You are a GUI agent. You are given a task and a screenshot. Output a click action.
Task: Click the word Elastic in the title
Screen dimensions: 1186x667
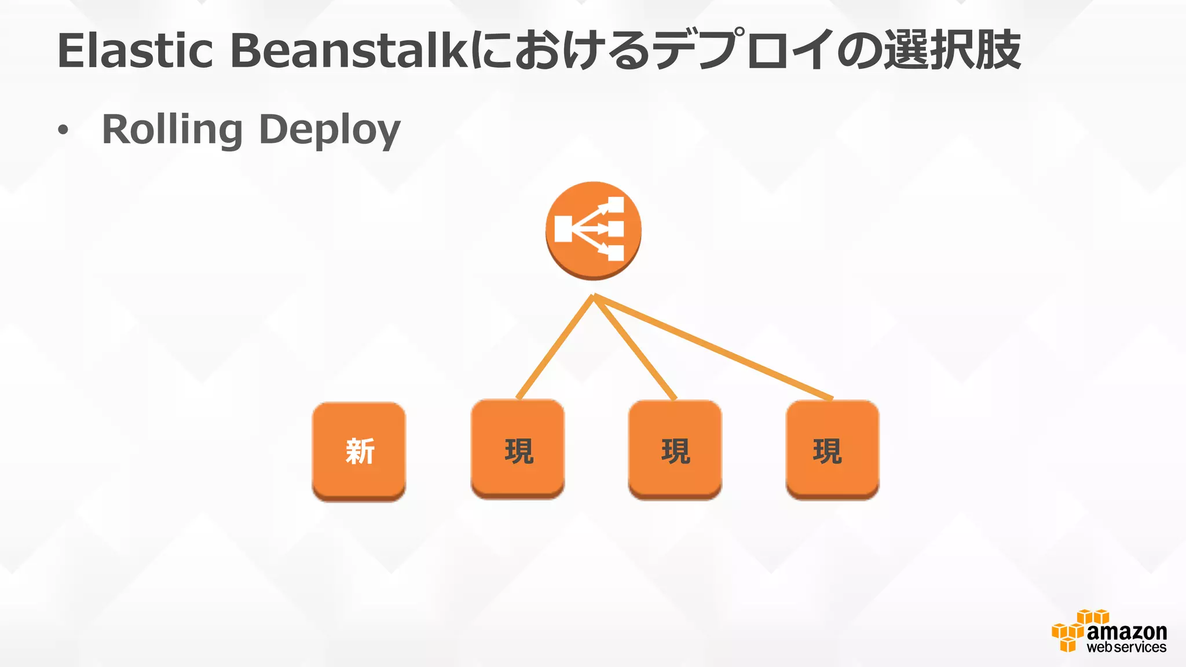point(136,51)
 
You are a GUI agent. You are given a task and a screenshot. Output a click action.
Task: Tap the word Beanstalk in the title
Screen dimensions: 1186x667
point(349,51)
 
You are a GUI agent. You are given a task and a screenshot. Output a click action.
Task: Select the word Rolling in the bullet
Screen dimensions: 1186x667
point(172,130)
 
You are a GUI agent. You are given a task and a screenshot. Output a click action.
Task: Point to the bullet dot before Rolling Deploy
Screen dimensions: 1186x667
point(63,131)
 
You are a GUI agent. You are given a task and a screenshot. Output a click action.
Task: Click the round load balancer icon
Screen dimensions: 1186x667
point(593,230)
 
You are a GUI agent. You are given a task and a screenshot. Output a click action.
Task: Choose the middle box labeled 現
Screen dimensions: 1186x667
point(675,449)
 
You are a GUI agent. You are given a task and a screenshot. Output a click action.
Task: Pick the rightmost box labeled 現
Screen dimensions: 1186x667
point(832,449)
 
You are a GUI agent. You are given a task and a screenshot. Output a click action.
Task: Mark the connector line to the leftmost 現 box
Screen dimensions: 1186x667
point(555,347)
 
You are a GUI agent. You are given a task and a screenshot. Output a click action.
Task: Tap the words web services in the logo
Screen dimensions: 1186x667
point(1126,647)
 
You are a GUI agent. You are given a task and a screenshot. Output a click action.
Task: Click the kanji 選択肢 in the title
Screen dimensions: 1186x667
point(952,51)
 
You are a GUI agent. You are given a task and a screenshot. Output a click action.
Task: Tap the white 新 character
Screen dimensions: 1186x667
point(360,451)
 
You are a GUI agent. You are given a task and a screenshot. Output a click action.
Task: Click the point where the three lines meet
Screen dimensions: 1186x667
point(594,296)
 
